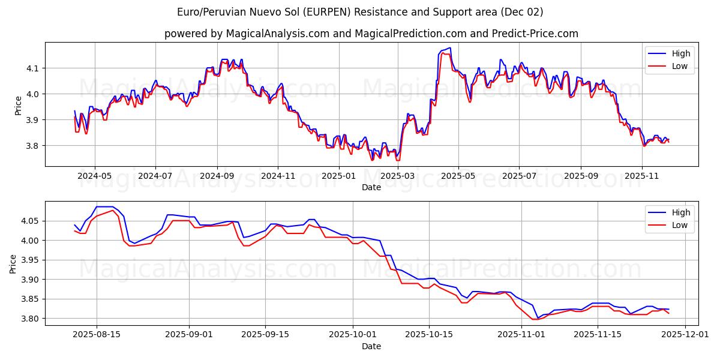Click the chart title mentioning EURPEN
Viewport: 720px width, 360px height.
360,12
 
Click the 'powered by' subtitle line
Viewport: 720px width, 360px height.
371,34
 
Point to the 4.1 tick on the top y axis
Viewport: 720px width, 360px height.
33,68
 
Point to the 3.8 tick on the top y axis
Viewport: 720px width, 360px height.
33,146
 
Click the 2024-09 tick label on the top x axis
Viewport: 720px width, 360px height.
217,176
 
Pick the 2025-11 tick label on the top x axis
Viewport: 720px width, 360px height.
642,176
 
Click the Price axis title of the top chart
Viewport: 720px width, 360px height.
18,105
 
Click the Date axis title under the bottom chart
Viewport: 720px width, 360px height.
371,346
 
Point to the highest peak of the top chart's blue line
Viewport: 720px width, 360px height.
449,48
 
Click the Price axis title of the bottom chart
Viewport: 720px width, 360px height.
13,264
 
